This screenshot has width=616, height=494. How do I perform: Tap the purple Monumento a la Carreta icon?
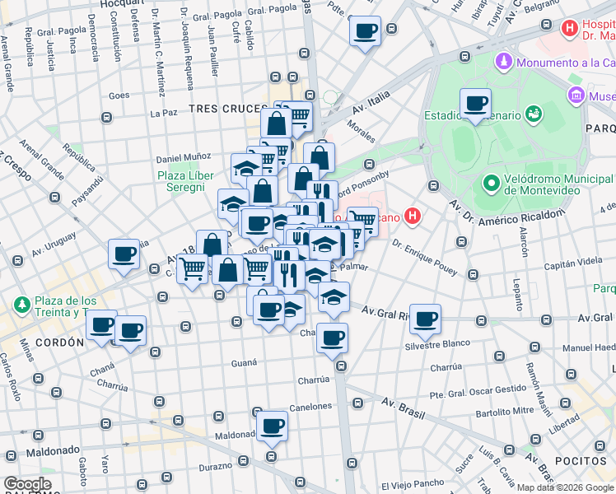[502, 63]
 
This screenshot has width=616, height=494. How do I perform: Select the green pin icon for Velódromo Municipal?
[490, 182]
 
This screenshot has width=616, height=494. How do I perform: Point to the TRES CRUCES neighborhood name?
[224, 109]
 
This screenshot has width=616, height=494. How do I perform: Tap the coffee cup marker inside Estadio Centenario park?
[475, 104]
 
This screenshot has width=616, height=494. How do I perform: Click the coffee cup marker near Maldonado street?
[272, 426]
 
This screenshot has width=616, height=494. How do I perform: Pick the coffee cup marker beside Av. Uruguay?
[124, 254]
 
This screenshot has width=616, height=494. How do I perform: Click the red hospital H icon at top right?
[568, 29]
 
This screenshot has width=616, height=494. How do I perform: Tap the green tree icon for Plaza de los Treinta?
[21, 305]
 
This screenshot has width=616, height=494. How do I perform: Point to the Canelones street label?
[310, 406]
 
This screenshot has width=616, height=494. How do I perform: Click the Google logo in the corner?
[28, 484]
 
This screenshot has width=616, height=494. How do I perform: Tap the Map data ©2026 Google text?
[569, 486]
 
